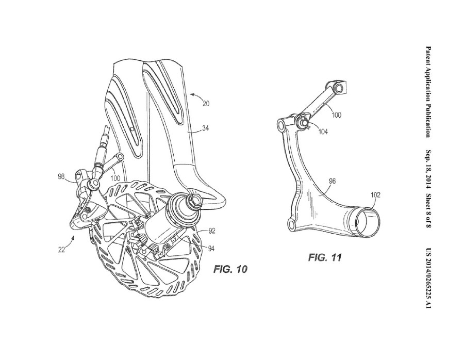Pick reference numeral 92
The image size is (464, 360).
(212, 231)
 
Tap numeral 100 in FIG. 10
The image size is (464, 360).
(115, 177)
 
